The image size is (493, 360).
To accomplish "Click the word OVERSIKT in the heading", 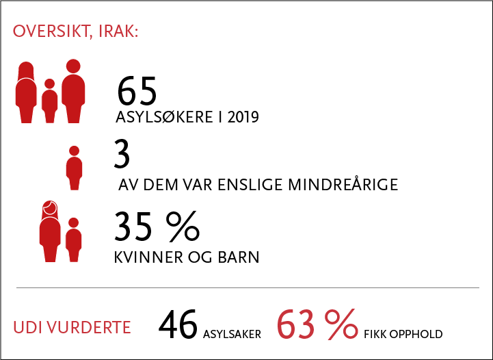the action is (x=53, y=31).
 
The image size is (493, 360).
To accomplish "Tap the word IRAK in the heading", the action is (x=118, y=31).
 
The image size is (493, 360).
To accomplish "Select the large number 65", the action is (x=137, y=91).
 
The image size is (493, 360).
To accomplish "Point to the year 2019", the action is (x=243, y=117).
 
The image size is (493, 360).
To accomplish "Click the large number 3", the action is (x=122, y=154).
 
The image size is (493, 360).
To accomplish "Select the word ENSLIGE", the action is (x=250, y=185).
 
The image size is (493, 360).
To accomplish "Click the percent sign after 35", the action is (x=183, y=227).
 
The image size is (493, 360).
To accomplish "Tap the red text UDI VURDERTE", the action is (x=72, y=327).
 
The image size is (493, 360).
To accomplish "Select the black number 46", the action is (x=178, y=324).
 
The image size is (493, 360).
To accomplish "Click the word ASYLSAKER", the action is (x=232, y=334).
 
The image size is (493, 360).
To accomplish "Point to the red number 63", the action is (x=296, y=324).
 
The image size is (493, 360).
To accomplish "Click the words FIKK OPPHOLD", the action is (x=403, y=334).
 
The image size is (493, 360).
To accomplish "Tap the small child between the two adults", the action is (x=50, y=101).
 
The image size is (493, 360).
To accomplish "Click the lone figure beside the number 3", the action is (x=75, y=168).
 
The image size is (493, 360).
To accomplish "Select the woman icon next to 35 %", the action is (x=50, y=231).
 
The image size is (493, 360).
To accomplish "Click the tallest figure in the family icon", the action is (x=73, y=91).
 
